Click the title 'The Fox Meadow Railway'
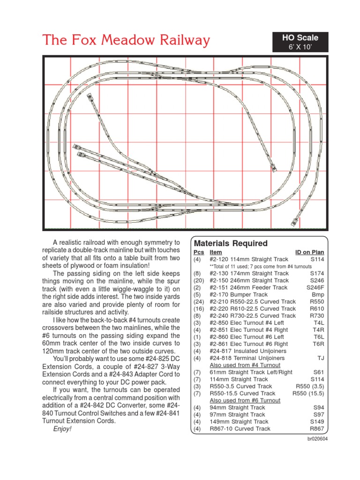click(x=126, y=40)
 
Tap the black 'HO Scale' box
click(x=300, y=42)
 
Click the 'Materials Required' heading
click(x=231, y=243)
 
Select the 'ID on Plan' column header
click(x=309, y=252)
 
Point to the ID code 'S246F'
click(x=315, y=287)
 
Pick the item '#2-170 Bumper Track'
click(x=239, y=294)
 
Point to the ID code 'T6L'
click(x=319, y=337)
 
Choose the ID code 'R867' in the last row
click(x=317, y=428)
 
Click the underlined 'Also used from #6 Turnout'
click(x=245, y=400)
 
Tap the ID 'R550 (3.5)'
click(x=310, y=386)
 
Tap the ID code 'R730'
click(x=317, y=315)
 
